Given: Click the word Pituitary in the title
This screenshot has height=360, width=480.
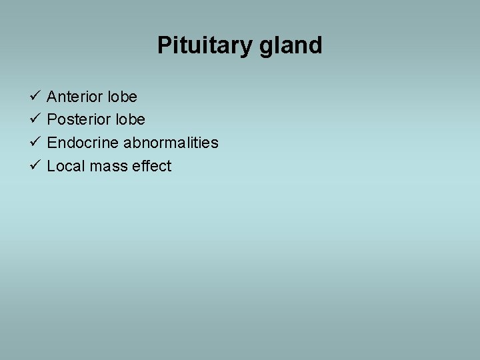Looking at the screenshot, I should (201, 45).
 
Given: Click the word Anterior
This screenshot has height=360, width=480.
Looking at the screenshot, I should (75, 97).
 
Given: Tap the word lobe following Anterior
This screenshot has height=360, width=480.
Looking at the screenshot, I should (122, 97).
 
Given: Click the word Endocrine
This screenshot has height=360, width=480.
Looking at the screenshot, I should (83, 143).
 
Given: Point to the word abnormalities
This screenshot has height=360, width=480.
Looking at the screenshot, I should (171, 143).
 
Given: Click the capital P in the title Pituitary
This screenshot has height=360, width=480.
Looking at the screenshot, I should (164, 45).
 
